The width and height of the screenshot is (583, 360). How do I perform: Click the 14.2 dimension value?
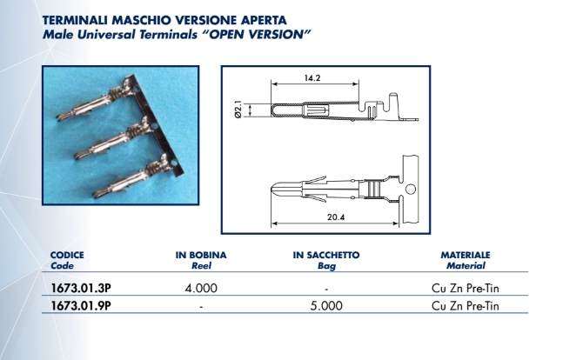click(312, 78)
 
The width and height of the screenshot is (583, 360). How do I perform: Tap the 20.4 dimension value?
click(336, 217)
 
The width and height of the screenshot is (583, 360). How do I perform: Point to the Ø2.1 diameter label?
click(238, 110)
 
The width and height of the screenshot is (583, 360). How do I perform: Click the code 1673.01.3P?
click(81, 288)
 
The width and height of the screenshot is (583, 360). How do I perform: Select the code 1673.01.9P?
click(81, 306)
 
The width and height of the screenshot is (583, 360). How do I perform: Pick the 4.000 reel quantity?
click(201, 289)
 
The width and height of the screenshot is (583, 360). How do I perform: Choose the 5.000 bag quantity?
click(326, 306)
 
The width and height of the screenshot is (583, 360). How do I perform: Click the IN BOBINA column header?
click(201, 256)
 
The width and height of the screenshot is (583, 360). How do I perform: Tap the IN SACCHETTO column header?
click(326, 256)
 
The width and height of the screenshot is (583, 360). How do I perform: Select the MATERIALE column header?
click(466, 256)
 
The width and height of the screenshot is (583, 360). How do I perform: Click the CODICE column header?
click(67, 256)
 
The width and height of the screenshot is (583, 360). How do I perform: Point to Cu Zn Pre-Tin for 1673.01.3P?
click(466, 289)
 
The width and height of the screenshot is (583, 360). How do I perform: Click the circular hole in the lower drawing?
click(411, 189)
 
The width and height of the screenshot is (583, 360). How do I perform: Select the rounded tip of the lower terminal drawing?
click(272, 189)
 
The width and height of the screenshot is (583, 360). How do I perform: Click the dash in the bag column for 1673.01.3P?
click(326, 289)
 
